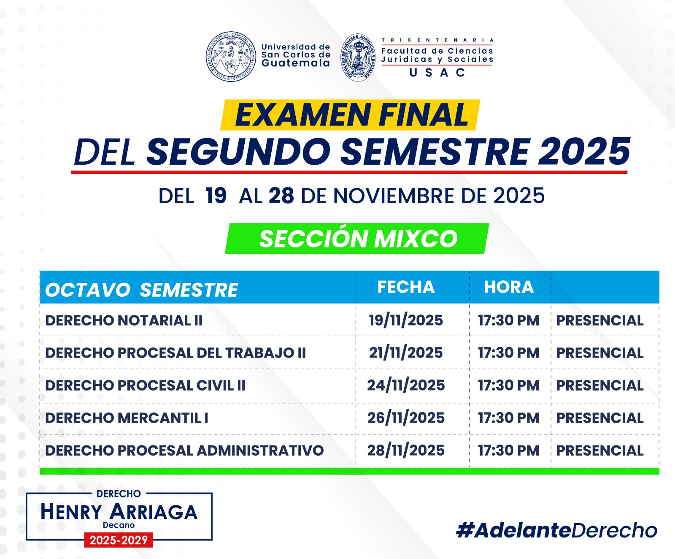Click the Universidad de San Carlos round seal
click(x=231, y=57)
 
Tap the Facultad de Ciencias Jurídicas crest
click(x=358, y=57)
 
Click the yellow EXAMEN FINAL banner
click(x=350, y=115)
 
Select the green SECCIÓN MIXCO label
click(x=357, y=239)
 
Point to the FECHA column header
click(x=406, y=287)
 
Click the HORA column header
click(x=509, y=287)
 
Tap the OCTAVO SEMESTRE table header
click(x=142, y=290)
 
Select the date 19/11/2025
click(x=406, y=320)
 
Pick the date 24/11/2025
click(x=406, y=385)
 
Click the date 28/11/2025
click(x=406, y=450)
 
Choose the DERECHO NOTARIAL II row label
click(x=124, y=320)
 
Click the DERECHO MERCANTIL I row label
click(x=127, y=418)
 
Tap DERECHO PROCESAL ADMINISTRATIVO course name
click(x=184, y=450)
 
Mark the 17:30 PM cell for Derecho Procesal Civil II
click(x=509, y=385)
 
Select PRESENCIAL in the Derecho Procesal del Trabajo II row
click(x=600, y=353)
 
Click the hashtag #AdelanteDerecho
click(x=557, y=530)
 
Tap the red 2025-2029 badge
click(x=119, y=540)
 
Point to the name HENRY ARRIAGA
click(x=119, y=512)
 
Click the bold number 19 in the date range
click(x=216, y=196)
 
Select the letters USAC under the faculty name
click(x=437, y=73)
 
